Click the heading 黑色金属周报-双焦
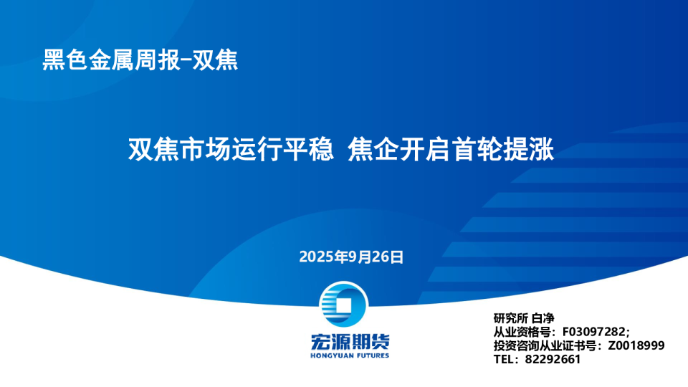point(140,60)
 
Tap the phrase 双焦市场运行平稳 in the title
point(231,149)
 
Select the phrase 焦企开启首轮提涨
point(451,149)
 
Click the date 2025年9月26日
point(351,257)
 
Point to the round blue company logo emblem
point(343,304)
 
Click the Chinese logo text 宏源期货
point(350,342)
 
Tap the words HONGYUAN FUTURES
point(350,355)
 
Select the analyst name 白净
point(543,318)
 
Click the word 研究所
point(511,318)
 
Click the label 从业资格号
point(522,332)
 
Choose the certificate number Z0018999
point(636,345)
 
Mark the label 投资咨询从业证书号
point(545,345)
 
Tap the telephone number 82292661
point(553,359)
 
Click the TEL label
point(503,359)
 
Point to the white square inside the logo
point(344,305)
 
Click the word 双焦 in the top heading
point(215,60)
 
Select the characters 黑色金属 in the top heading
point(87,60)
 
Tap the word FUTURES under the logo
point(370,355)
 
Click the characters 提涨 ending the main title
point(529,149)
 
